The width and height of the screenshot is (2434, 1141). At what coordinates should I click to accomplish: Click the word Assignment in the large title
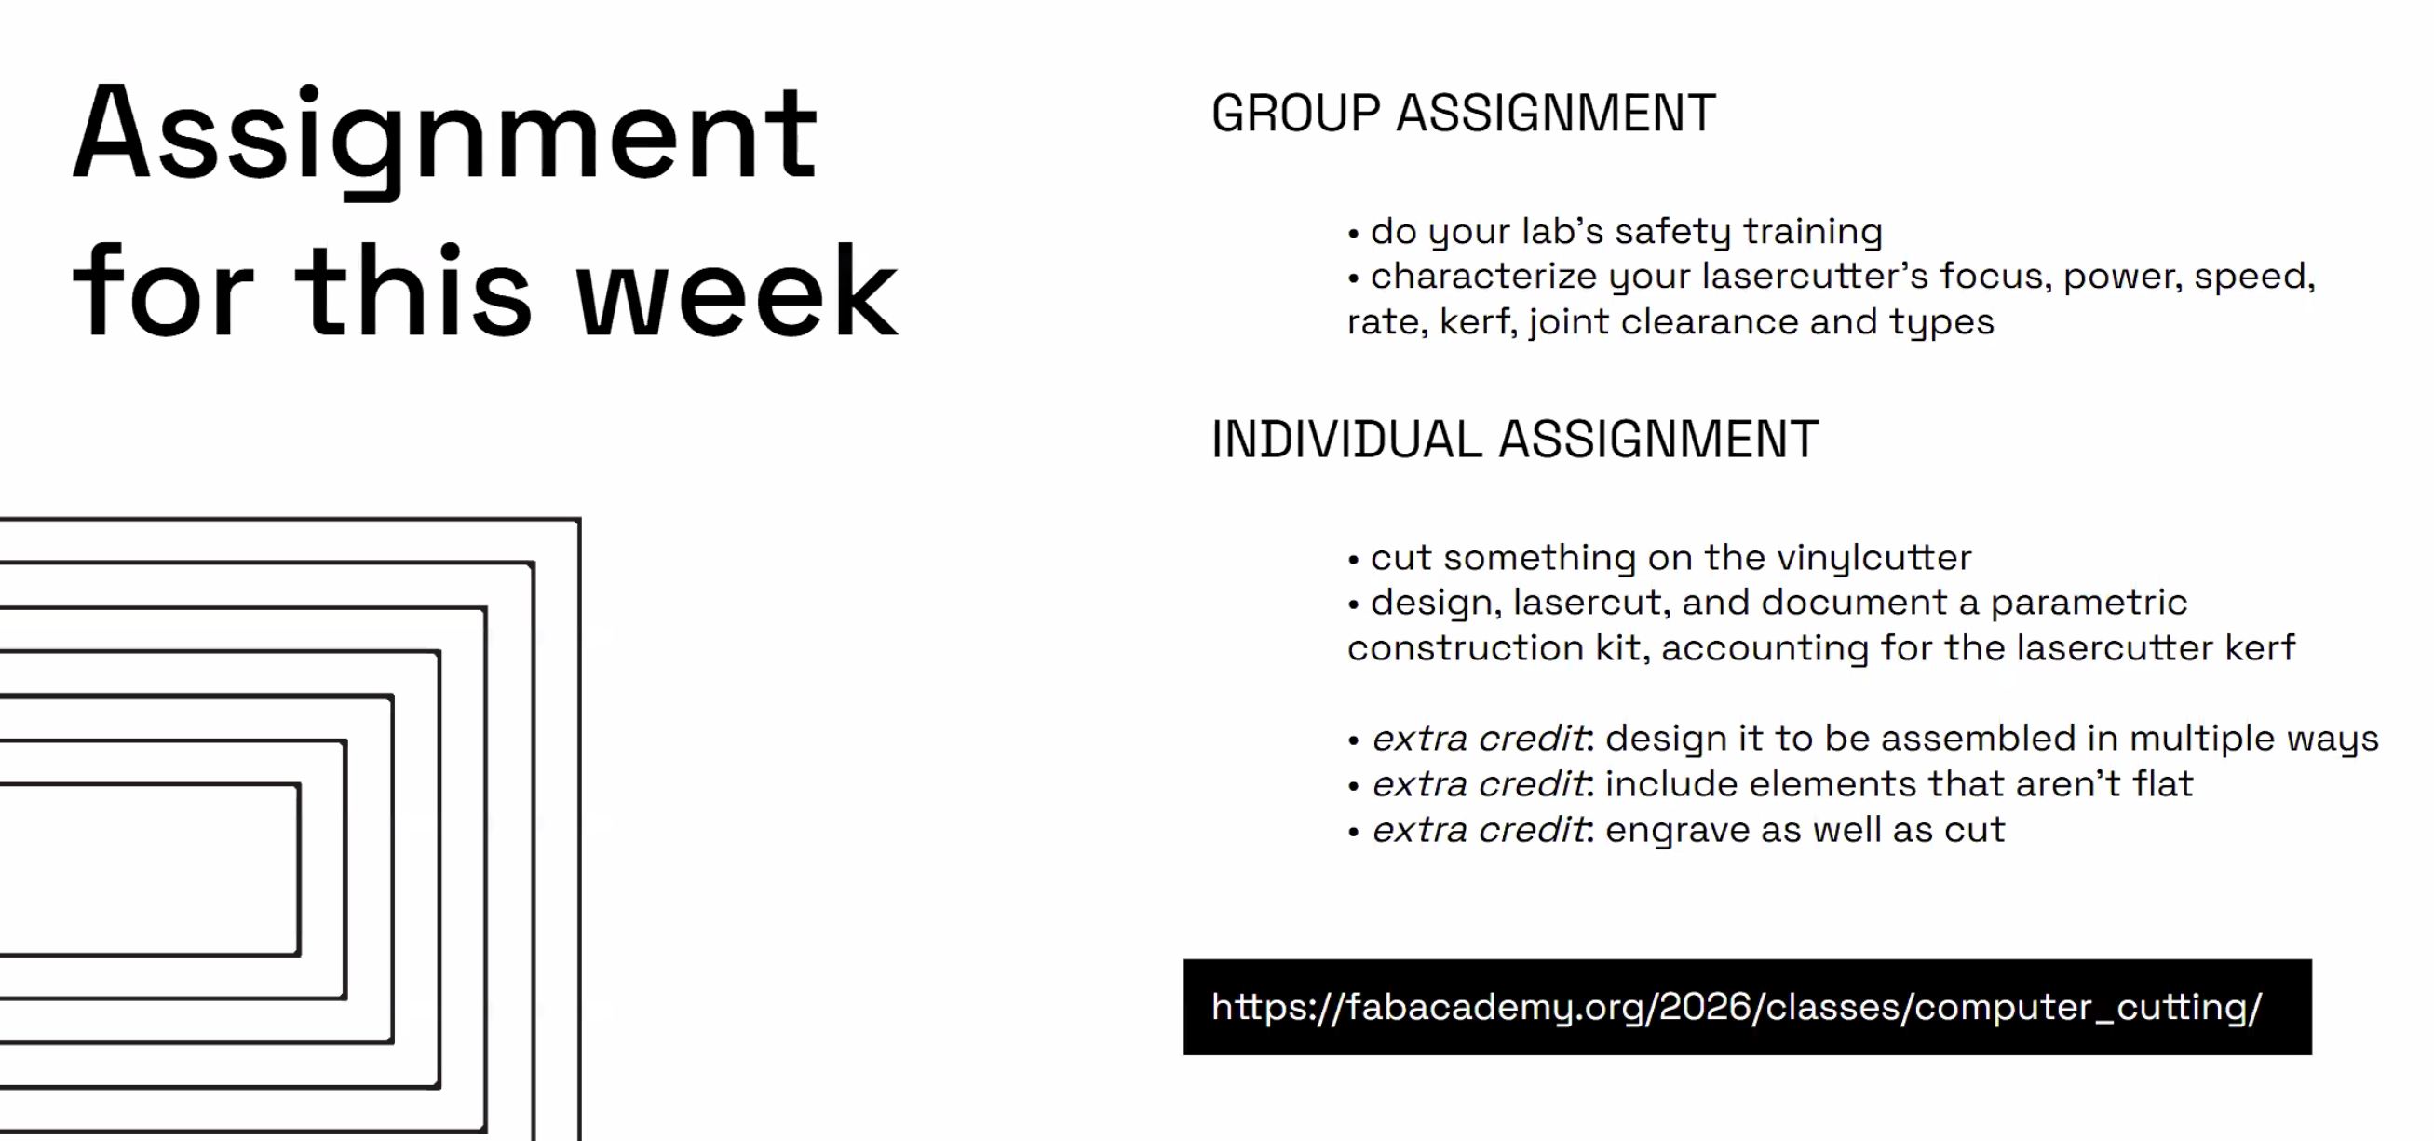[444, 134]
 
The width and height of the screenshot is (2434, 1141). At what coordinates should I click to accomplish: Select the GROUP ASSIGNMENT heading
[1463, 114]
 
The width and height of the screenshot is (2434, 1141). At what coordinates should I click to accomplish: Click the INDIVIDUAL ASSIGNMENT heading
[1515, 440]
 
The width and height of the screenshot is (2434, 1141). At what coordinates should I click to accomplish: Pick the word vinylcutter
[1873, 558]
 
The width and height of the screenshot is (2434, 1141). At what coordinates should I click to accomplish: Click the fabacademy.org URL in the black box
[1737, 1007]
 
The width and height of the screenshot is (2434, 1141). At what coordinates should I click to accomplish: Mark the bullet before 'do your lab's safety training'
[1353, 234]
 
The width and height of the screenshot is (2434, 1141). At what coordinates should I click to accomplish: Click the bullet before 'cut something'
[1353, 560]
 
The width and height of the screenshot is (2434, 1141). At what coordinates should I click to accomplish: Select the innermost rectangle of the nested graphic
[149, 870]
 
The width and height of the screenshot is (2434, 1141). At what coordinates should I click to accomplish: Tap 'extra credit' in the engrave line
[1479, 830]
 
